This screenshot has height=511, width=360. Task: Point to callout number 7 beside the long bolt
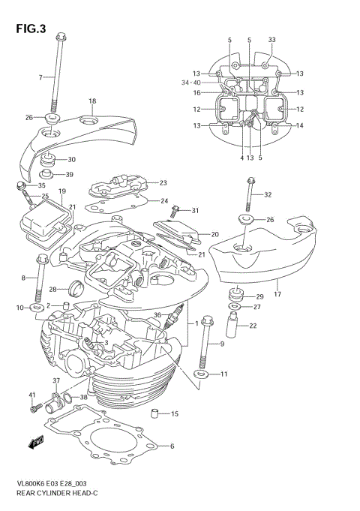41,77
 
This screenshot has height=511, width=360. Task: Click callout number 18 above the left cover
92,101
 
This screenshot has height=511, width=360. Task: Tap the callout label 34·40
192,83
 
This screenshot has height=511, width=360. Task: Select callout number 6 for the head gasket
172,447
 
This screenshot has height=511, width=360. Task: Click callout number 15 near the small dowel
174,414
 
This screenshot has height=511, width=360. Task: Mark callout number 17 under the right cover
278,283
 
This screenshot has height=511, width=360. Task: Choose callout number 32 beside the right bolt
268,194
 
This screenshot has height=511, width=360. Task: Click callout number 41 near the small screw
32,395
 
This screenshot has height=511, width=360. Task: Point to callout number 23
163,183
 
